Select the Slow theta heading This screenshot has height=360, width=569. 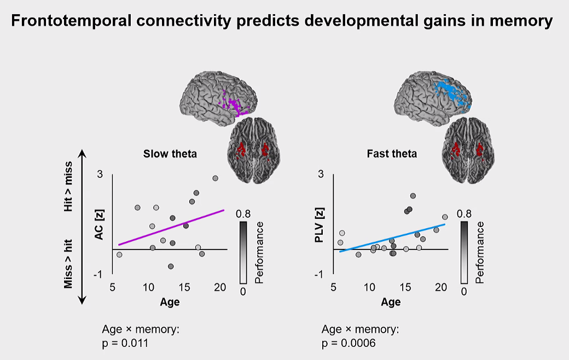pos(170,154)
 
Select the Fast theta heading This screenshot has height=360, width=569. pos(392,154)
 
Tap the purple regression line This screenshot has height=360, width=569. pos(171,227)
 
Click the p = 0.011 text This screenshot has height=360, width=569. pos(125,343)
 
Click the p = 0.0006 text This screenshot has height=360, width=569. pos(349,343)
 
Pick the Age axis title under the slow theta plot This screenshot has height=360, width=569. pos(169,301)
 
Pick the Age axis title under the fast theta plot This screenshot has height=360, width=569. pos(391,301)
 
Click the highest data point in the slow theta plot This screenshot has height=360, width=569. pos(215,178)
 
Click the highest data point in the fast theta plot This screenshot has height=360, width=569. pos(413,195)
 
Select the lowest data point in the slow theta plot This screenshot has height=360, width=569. pos(171,266)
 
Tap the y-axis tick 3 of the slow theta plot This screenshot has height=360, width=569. pos(100,175)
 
